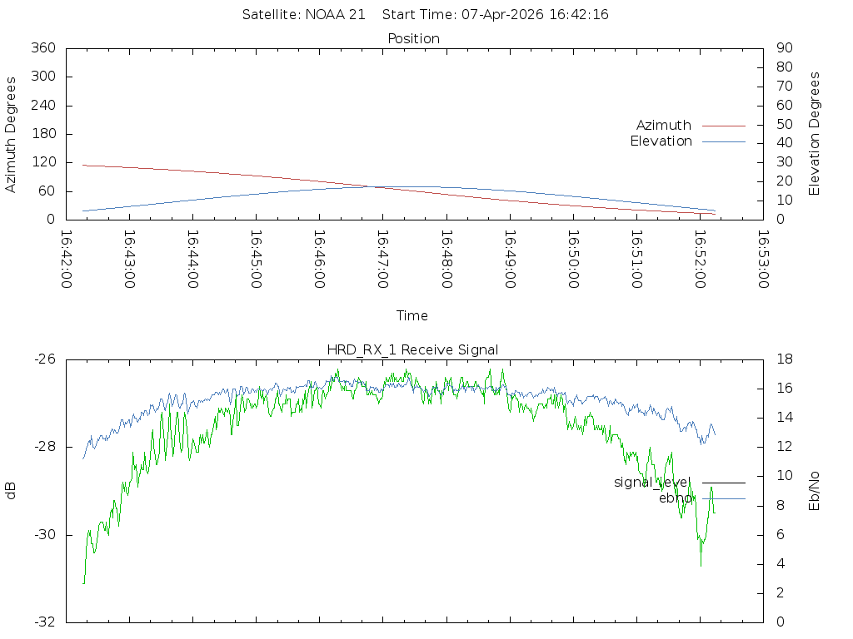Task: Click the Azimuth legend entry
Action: (664, 126)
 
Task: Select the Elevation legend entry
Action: (661, 141)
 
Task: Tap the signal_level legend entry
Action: (652, 483)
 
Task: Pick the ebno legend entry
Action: (675, 498)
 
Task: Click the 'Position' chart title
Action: (413, 39)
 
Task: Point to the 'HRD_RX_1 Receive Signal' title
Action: (412, 350)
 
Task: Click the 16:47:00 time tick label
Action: (382, 259)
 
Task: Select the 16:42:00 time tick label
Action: (67, 259)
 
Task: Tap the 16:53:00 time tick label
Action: (762, 259)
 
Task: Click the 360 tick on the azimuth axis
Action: (43, 48)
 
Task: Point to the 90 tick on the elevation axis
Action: (782, 48)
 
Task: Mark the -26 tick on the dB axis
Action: (44, 359)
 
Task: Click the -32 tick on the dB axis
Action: (44, 622)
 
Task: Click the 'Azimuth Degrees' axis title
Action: (12, 134)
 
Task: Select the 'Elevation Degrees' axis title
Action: (815, 134)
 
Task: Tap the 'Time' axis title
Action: (412, 316)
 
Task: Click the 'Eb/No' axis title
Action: (815, 491)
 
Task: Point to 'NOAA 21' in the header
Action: (337, 15)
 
